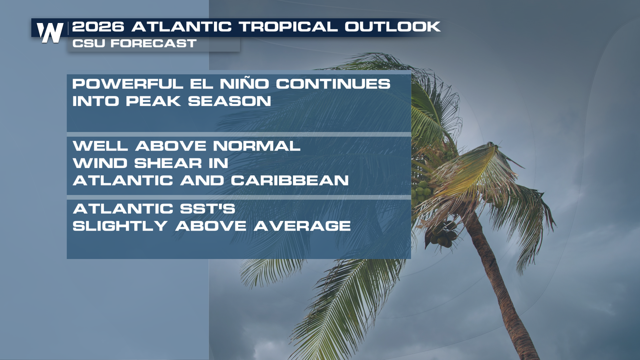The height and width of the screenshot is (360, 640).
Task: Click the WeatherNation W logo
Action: [50, 33]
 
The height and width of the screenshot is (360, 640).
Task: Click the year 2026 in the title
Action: [98, 27]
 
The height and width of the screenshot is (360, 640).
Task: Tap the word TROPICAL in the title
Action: [288, 27]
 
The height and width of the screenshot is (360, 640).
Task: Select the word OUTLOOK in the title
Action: [393, 27]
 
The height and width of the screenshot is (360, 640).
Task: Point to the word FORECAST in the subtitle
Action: [153, 43]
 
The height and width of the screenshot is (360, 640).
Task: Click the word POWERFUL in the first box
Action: [128, 84]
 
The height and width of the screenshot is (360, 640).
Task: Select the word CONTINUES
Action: [333, 84]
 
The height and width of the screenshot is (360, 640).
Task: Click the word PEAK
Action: [153, 101]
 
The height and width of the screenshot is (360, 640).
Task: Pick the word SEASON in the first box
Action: [229, 101]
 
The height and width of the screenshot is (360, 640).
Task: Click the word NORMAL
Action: [257, 146]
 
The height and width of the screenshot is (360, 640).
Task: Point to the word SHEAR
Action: [168, 163]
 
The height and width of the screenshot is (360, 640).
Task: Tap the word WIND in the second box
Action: [100, 163]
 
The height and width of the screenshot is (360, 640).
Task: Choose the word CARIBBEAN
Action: [290, 181]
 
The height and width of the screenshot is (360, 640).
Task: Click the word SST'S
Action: [207, 209]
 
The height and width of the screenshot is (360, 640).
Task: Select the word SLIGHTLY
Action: [120, 226]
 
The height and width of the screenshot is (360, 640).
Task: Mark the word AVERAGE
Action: [302, 226]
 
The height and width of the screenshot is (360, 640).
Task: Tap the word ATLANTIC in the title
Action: [181, 27]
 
